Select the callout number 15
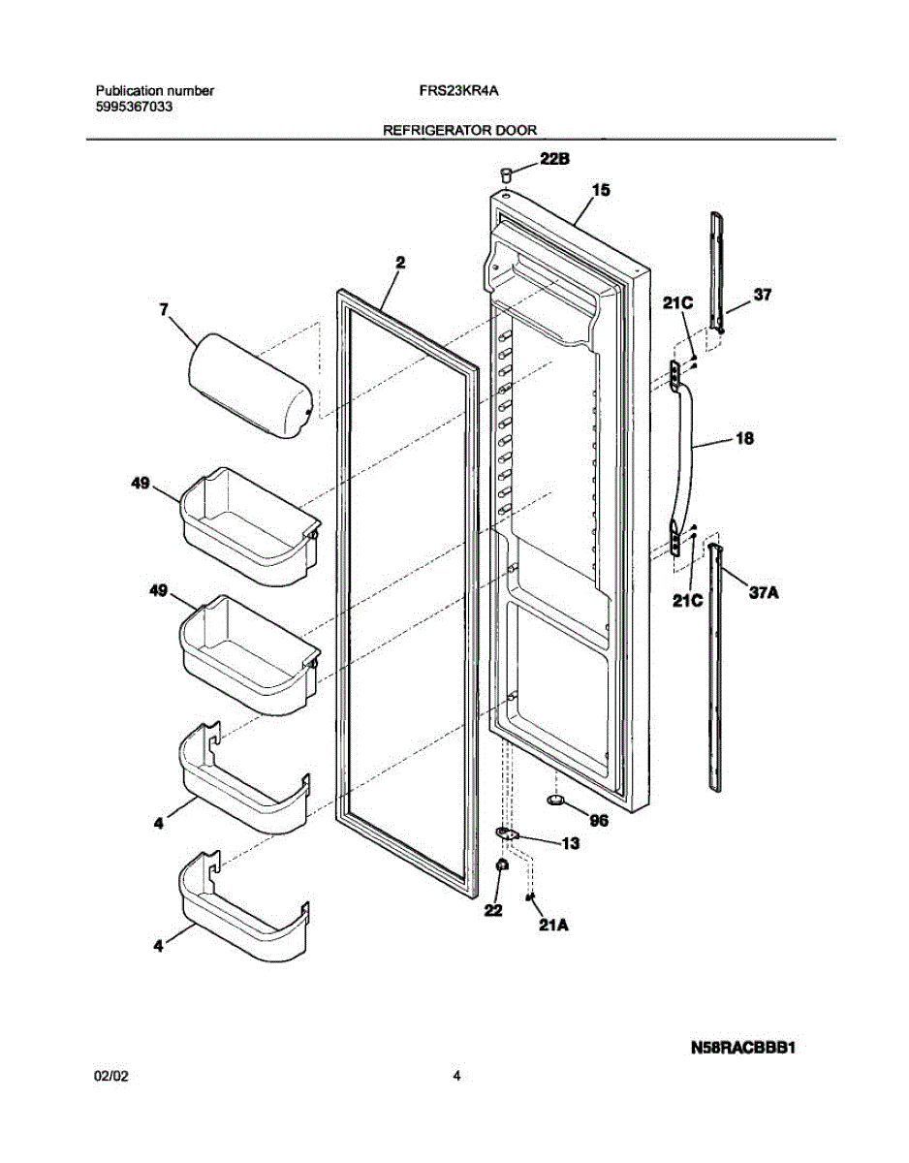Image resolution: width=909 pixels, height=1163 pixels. coord(601,191)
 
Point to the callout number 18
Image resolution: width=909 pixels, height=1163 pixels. coord(744,439)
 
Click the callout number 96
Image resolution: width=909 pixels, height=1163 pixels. coord(599,820)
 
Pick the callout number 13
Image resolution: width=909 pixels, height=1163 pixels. coord(571,843)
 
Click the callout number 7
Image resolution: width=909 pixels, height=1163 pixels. coord(163,309)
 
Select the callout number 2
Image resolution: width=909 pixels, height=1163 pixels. coord(399,261)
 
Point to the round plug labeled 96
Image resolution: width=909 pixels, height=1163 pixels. coord(556,802)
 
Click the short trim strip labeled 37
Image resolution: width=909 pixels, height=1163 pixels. coord(716,271)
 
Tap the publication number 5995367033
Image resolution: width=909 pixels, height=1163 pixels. coord(135,107)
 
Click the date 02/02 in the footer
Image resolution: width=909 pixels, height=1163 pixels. coord(111,1076)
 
